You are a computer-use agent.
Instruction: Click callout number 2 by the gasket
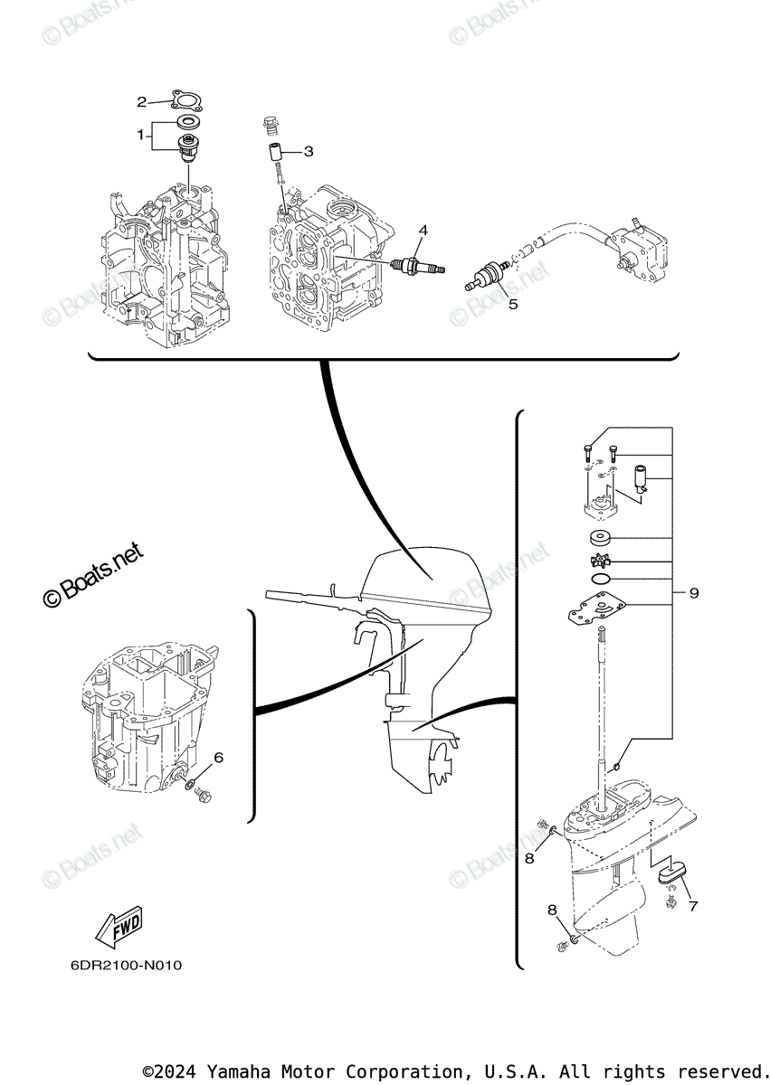tap(141, 100)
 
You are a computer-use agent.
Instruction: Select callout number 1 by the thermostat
tap(141, 135)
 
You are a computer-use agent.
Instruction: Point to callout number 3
tap(309, 151)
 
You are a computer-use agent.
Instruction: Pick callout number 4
tap(422, 231)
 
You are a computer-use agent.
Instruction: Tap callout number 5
tap(513, 304)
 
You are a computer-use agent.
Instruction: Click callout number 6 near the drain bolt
tap(218, 757)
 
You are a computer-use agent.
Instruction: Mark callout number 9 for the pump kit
tap(694, 593)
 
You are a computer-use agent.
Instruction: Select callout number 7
tap(694, 905)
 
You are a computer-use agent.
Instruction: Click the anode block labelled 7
tap(670, 872)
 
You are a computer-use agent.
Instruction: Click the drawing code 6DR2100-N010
tap(127, 966)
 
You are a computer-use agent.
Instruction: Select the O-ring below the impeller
tap(598, 579)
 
